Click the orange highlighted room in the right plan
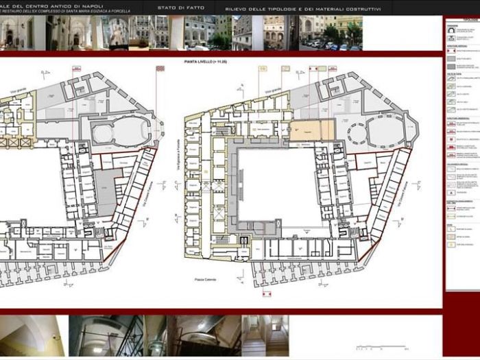[x=311, y=131]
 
